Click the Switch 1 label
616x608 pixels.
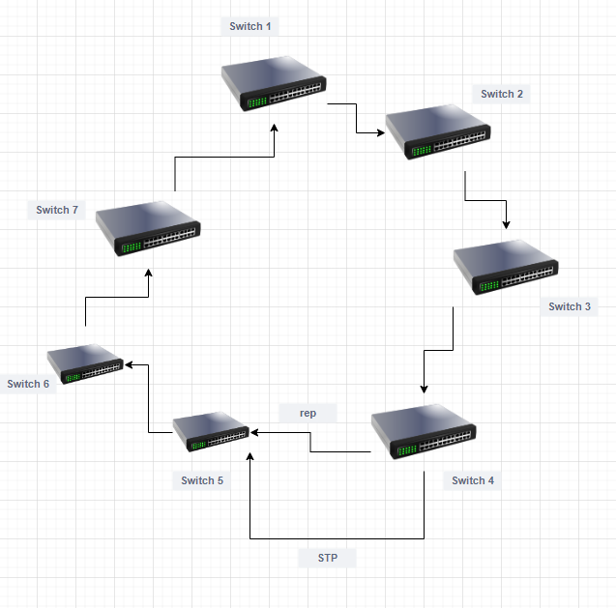pyautogui.click(x=249, y=26)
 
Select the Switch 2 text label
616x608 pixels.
pyautogui.click(x=502, y=94)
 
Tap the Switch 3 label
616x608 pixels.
pyautogui.click(x=569, y=306)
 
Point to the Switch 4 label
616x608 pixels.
pyautogui.click(x=473, y=480)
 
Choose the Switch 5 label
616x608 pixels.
pyautogui.click(x=201, y=480)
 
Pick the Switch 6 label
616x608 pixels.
pyautogui.click(x=28, y=384)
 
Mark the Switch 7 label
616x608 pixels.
pyautogui.click(x=56, y=210)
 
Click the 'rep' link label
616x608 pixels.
pyautogui.click(x=308, y=413)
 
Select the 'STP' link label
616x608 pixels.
pyautogui.click(x=327, y=558)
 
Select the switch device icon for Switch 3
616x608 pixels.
pyautogui.click(x=506, y=268)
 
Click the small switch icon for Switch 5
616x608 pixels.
pyautogui.click(x=211, y=431)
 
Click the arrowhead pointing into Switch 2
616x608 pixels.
pyautogui.click(x=381, y=132)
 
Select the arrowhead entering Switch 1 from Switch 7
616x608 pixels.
pyautogui.click(x=275, y=128)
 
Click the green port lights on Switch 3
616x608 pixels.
pyautogui.click(x=488, y=285)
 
